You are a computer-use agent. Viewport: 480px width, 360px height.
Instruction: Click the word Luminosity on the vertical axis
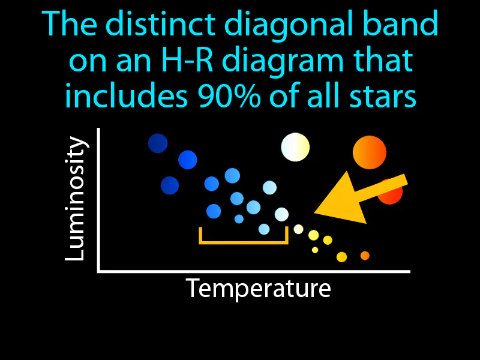pyautogui.click(x=76, y=199)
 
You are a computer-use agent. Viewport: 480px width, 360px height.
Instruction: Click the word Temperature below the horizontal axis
pyautogui.click(x=258, y=289)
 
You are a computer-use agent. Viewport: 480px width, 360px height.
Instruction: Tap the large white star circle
pyautogui.click(x=295, y=147)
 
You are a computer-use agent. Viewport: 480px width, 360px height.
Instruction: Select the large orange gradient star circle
pyautogui.click(x=369, y=152)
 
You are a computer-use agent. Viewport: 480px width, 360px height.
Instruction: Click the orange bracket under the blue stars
pyautogui.click(x=244, y=241)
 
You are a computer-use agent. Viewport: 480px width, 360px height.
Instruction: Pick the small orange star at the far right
pyautogui.click(x=365, y=256)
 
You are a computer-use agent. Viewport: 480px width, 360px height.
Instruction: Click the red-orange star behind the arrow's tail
pyautogui.click(x=391, y=192)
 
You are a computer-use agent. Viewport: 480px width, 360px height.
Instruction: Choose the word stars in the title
pyautogui.click(x=385, y=97)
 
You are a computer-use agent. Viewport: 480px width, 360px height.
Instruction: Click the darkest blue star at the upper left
pyautogui.click(x=158, y=143)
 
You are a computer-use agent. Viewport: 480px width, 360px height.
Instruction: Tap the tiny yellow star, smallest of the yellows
pyautogui.click(x=315, y=250)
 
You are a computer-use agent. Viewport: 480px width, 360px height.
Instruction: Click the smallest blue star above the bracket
pyautogui.click(x=239, y=219)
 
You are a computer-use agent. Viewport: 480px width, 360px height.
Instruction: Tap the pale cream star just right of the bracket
pyautogui.click(x=298, y=229)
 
